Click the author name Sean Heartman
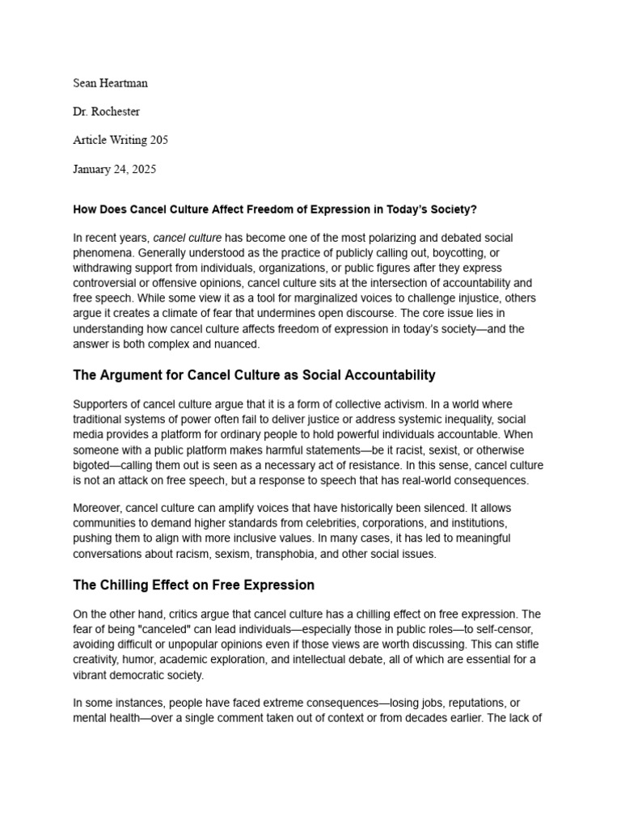point(110,82)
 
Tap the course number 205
point(158,140)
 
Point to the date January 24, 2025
point(114,169)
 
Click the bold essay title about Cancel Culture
point(275,209)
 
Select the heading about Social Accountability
point(254,374)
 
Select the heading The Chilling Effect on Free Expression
point(193,585)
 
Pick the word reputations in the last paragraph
point(458,703)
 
